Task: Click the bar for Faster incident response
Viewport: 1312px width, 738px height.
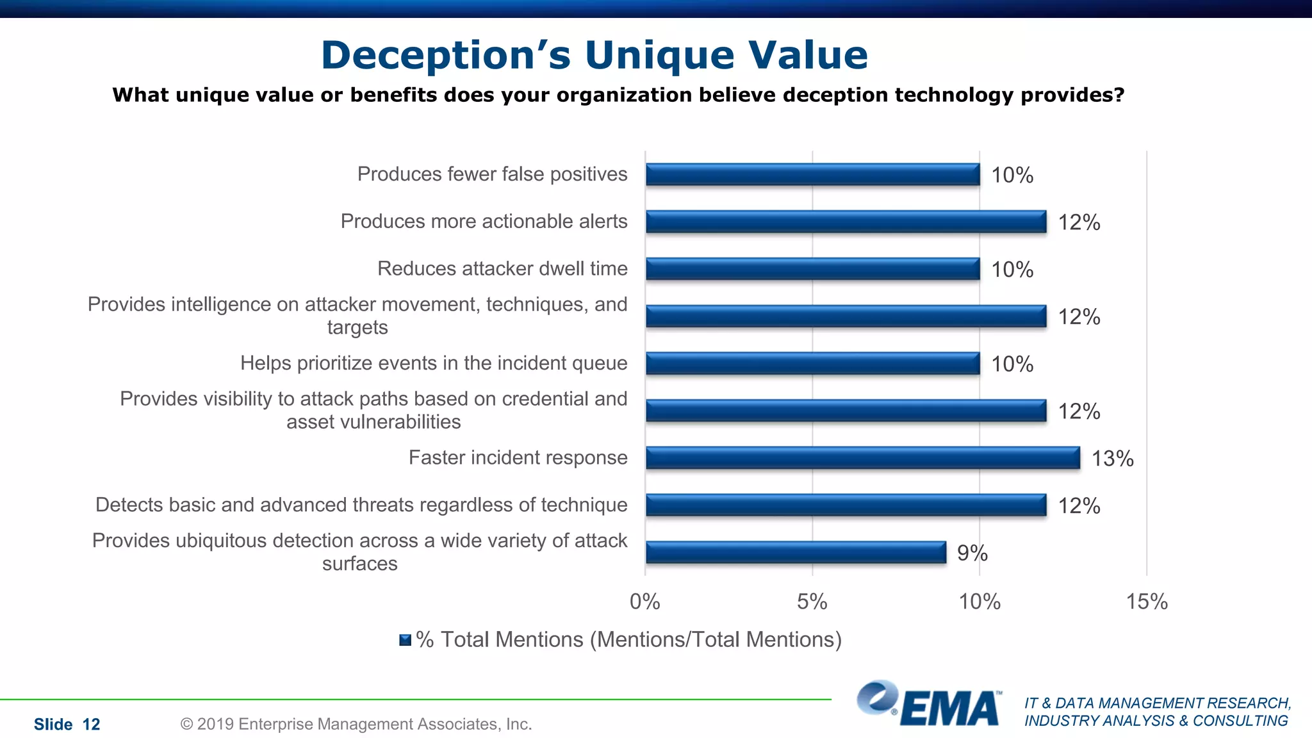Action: coord(862,458)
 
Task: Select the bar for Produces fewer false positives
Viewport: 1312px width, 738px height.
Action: coord(812,174)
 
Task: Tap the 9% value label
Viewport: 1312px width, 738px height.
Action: coord(972,553)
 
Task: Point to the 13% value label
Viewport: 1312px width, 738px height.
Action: coord(1112,459)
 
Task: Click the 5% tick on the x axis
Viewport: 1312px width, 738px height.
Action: coord(812,602)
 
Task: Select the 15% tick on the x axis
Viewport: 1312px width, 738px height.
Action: coord(1147,602)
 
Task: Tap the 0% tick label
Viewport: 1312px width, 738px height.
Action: coord(644,602)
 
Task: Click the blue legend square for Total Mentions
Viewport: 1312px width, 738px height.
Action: coord(405,640)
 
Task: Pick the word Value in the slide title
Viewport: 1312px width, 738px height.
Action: coord(808,55)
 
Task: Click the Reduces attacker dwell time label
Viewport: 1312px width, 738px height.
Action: coord(502,268)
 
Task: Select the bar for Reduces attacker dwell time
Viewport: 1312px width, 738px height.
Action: coord(812,269)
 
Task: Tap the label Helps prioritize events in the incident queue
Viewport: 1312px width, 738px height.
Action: coord(434,363)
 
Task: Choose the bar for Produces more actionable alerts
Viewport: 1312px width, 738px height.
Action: coord(846,222)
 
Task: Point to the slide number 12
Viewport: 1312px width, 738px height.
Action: coord(91,725)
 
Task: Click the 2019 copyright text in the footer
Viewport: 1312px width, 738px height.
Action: coord(356,724)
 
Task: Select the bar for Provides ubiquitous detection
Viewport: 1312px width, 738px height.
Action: coord(796,552)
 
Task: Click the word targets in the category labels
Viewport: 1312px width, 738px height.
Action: coord(357,327)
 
